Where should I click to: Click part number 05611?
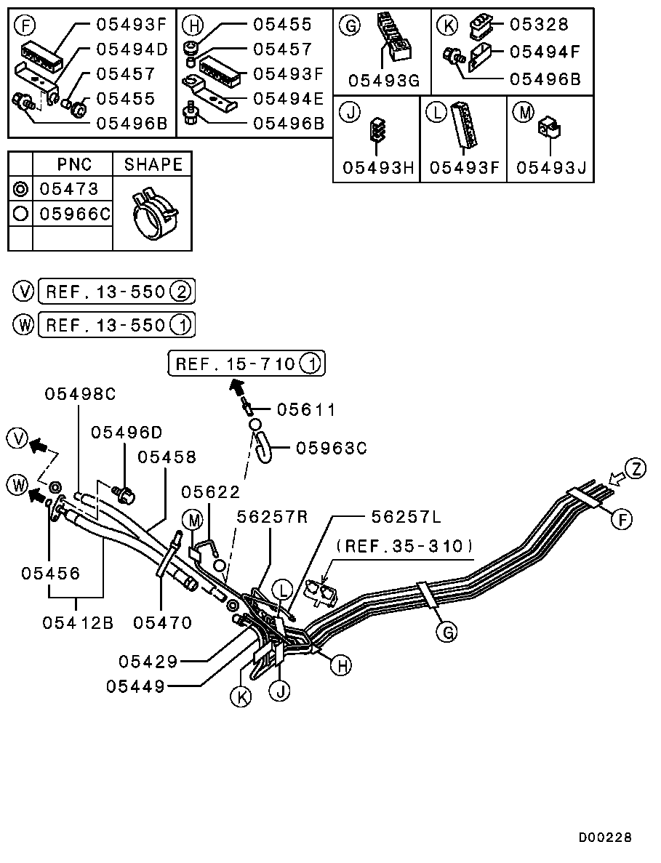tap(305, 410)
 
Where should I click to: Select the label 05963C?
tap(332, 448)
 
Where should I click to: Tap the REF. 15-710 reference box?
tap(247, 364)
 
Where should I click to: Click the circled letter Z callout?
tap(636, 470)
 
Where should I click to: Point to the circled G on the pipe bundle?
tap(448, 633)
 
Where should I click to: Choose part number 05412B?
tap(78, 623)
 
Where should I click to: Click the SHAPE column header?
tap(153, 164)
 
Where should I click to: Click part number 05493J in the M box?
tap(551, 167)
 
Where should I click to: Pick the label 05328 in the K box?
tap(539, 24)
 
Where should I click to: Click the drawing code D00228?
tap(605, 838)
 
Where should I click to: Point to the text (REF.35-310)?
tap(405, 546)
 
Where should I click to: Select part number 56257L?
tap(406, 517)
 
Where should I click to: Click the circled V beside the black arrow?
tap(19, 439)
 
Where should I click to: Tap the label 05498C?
tap(81, 394)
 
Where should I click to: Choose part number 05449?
tap(135, 686)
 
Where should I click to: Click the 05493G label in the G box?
tap(384, 81)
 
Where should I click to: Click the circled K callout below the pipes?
tap(241, 697)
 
